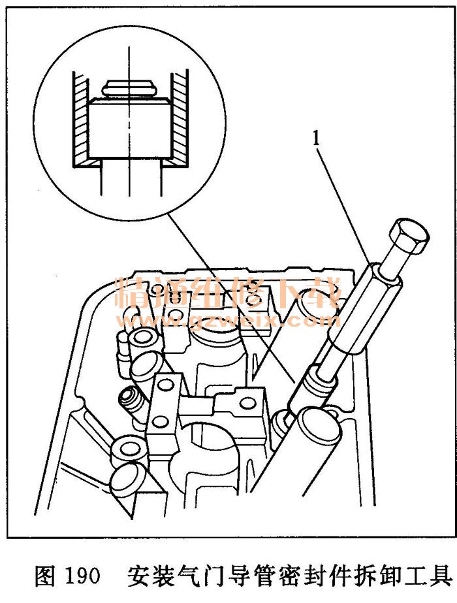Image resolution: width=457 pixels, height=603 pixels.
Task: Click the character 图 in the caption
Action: click(45, 576)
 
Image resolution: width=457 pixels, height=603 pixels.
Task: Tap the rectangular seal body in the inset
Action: click(129, 128)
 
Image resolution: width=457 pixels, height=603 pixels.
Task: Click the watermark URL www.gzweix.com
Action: click(229, 320)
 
